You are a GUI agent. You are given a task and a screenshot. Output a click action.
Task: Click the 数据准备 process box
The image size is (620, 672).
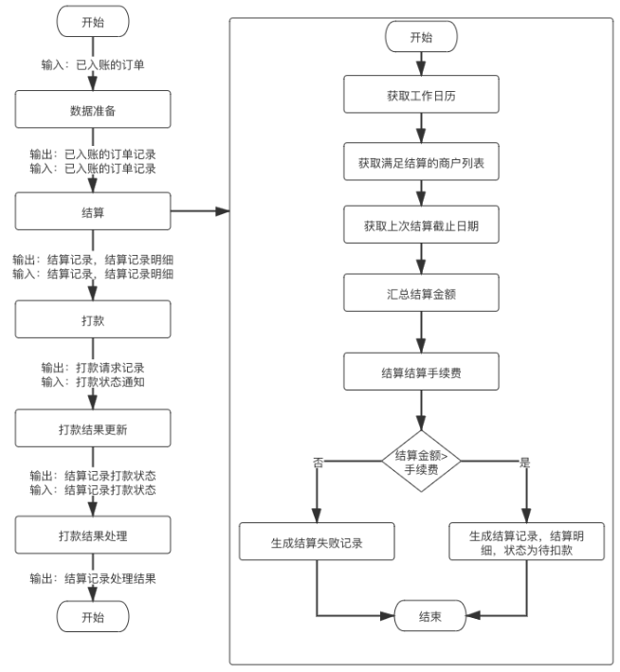(93, 109)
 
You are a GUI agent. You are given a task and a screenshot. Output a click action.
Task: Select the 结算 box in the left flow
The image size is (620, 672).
(93, 210)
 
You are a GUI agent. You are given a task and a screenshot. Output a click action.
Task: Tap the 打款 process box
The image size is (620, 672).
(93, 318)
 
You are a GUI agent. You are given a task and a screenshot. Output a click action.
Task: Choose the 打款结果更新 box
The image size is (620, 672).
(93, 427)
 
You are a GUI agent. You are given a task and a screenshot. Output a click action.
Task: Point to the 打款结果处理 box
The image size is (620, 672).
(93, 535)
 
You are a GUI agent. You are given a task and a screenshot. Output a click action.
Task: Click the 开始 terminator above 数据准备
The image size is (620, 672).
(93, 20)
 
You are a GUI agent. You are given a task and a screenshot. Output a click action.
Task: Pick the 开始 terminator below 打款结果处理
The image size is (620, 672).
(93, 618)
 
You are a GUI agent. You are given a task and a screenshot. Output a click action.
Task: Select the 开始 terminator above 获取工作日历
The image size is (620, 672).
(421, 38)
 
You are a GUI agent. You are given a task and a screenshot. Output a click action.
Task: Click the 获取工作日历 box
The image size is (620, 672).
(421, 96)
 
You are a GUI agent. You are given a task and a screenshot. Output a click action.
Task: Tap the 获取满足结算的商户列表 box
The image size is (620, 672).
(421, 162)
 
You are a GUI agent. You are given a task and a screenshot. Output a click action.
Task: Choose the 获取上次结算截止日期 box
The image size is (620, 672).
(421, 227)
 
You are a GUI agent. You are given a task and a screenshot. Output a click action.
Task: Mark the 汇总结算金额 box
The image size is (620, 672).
(421, 294)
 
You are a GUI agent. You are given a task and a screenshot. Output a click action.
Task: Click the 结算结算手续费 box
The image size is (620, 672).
(421, 372)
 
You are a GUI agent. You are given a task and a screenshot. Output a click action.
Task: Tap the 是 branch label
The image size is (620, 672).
(525, 462)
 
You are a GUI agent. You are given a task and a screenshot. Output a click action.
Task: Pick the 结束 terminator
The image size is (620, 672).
(421, 615)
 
